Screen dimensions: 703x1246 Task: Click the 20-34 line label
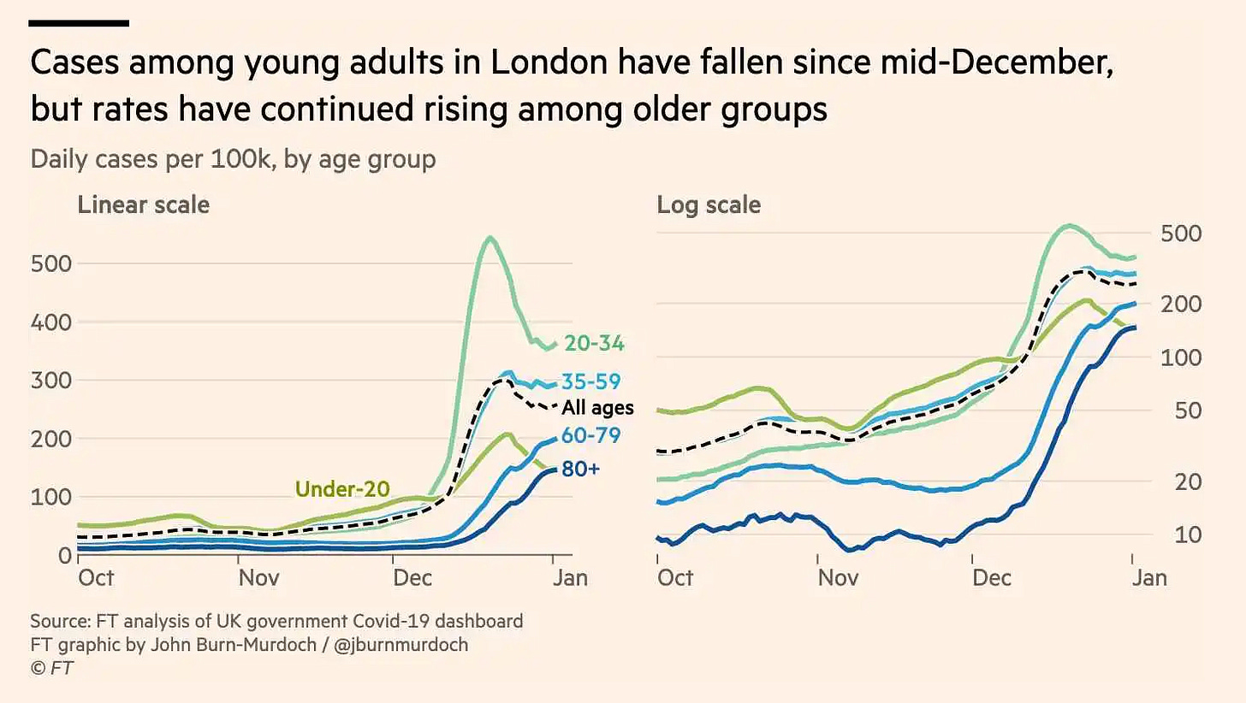[595, 344]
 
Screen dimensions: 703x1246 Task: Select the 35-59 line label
[590, 381]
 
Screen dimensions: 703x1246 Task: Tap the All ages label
[597, 408]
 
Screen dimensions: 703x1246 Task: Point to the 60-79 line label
[590, 435]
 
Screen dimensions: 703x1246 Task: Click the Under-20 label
[342, 488]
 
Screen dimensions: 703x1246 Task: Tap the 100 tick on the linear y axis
[51, 497]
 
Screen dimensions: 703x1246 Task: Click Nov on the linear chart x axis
[258, 577]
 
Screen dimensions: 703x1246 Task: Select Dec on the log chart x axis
[993, 577]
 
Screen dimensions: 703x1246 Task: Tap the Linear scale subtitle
[144, 205]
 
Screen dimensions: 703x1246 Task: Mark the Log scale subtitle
[709, 205]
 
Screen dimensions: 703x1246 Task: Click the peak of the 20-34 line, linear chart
[489, 238]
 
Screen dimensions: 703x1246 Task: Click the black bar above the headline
[80, 23]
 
